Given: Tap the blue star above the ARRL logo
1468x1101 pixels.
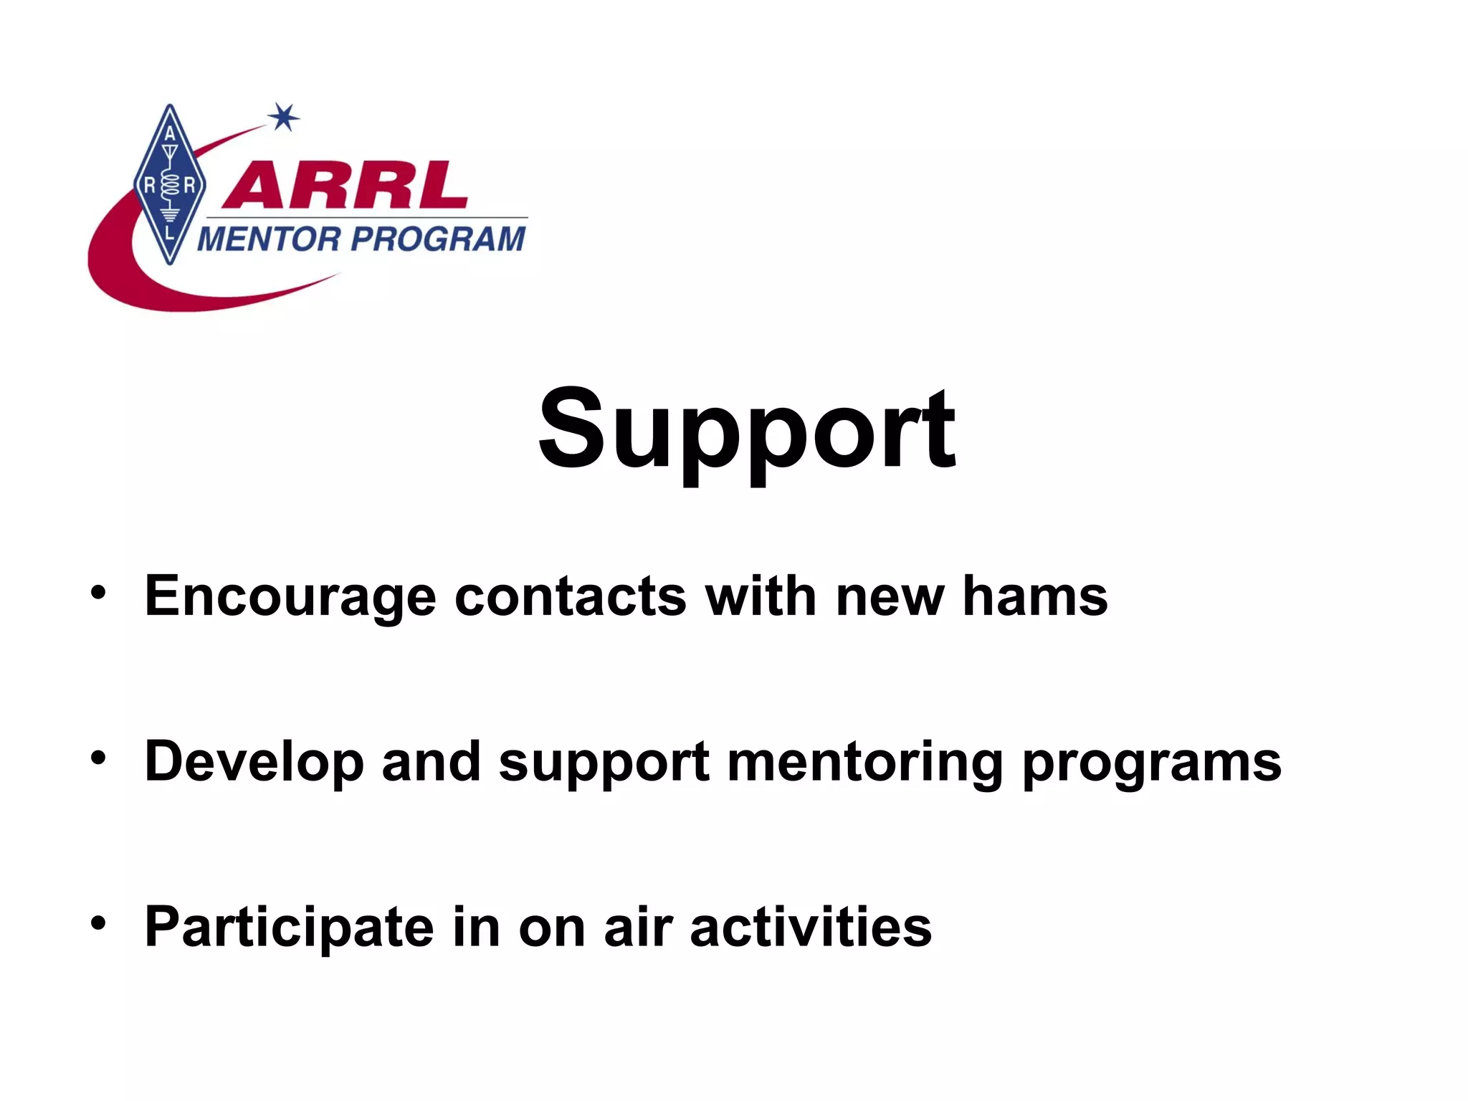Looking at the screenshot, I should [x=284, y=117].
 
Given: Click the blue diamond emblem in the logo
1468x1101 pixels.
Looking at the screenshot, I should [x=170, y=185].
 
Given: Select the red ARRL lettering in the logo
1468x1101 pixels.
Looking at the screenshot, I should [x=345, y=186].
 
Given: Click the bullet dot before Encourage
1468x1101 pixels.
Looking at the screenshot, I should [x=98, y=593].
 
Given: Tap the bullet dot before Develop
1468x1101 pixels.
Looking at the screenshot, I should [x=98, y=758].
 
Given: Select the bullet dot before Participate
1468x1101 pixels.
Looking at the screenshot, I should [x=98, y=923].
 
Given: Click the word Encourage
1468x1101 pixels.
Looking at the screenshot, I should [x=290, y=597].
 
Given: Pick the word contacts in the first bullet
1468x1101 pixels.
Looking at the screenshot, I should [x=571, y=596].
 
